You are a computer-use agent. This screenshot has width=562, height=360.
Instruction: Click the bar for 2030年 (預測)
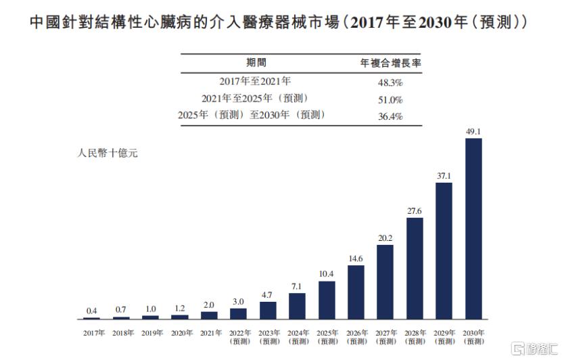473,229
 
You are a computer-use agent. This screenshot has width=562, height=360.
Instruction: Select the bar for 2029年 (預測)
444,250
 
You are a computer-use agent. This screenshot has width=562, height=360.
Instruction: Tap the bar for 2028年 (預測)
415,268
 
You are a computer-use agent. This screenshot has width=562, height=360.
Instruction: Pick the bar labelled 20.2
385,282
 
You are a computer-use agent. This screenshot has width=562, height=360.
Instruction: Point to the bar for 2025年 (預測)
327,300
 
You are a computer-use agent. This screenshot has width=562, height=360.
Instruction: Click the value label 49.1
473,131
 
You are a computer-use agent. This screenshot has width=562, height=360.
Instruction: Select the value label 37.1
444,175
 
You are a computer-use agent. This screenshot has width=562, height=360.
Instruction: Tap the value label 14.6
356,258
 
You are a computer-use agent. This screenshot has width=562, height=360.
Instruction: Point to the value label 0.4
92,310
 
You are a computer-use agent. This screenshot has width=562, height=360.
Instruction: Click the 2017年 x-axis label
94,333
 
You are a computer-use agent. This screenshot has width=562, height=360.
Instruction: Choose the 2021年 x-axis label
211,333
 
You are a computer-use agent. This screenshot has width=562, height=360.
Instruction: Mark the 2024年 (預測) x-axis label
298,336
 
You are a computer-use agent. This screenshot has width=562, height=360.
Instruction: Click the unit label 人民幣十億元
108,154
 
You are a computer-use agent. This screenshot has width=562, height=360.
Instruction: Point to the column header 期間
256,63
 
